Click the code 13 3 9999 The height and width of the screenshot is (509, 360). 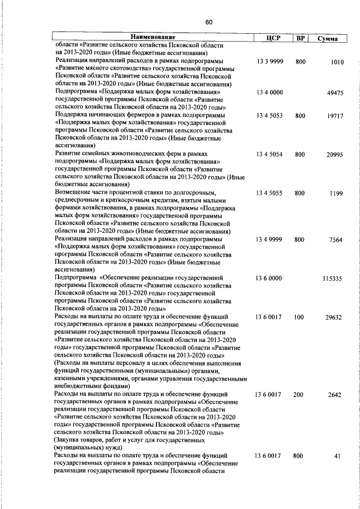[x=269, y=61]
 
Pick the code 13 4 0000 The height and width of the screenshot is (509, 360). [x=269, y=92]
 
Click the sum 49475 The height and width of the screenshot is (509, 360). [x=335, y=92]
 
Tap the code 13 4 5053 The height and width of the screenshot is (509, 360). [x=269, y=115]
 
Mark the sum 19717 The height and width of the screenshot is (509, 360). [x=335, y=115]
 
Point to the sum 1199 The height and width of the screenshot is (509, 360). [x=336, y=193]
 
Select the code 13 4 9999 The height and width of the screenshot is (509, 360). [x=269, y=239]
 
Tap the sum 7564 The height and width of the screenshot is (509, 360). [x=336, y=239]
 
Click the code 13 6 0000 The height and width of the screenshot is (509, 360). [x=269, y=278]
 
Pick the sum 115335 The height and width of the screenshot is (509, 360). [x=333, y=278]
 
